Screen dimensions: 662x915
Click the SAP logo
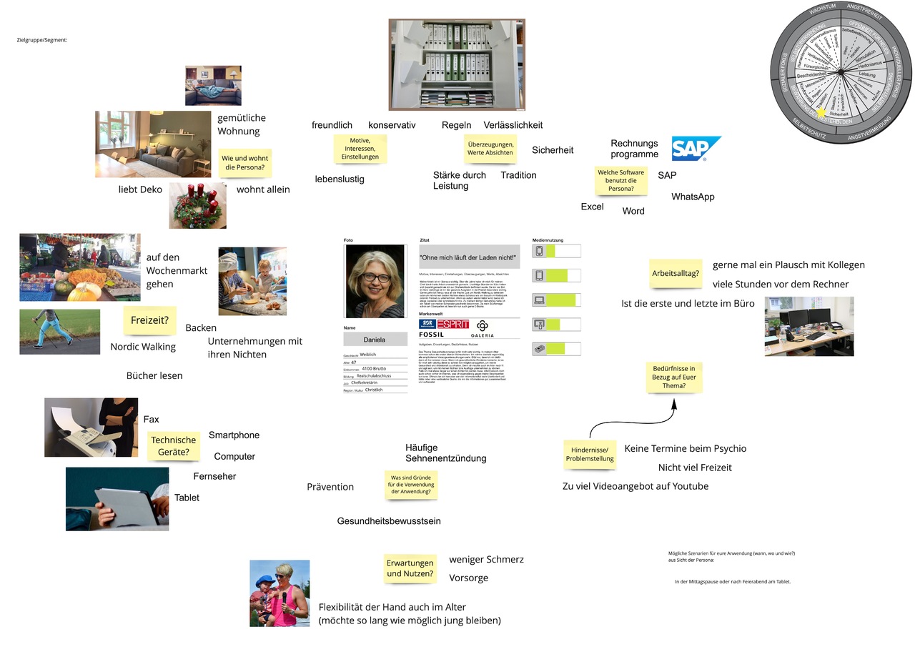[696, 148]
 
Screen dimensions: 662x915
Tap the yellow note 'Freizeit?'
[149, 320]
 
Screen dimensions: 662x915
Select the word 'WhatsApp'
[693, 197]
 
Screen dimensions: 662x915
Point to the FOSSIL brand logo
[431, 335]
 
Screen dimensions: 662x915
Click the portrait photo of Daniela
[375, 281]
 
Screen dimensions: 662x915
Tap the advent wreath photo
[198, 205]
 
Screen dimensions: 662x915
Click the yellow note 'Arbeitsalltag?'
[676, 273]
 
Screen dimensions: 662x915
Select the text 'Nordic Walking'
[143, 347]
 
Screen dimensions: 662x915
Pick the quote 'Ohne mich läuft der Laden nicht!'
[467, 257]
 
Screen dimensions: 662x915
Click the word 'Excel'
[592, 207]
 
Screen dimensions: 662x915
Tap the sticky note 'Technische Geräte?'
[173, 446]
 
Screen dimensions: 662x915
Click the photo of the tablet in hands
[117, 499]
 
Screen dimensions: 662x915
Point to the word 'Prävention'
[330, 487]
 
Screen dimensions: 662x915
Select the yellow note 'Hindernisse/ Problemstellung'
[589, 454]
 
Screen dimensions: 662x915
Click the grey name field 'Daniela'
[375, 340]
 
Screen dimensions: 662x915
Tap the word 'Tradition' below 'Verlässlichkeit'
[518, 175]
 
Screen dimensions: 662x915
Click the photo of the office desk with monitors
[808, 326]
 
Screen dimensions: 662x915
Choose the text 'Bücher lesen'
[154, 375]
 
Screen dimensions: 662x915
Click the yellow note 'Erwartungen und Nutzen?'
[410, 568]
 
